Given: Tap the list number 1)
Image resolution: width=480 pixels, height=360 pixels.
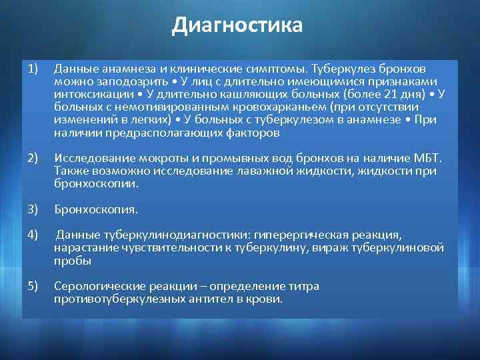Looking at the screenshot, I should [x=33, y=69].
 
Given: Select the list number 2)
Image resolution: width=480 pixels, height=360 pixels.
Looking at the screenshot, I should [x=34, y=158].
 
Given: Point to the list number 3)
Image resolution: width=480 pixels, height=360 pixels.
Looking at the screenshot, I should [x=34, y=209].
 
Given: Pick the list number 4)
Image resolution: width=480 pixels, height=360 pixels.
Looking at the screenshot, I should [x=34, y=234].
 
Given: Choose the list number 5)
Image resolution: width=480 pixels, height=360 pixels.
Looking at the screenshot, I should [x=34, y=285].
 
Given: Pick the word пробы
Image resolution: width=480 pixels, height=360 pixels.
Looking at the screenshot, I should [x=69, y=261].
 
